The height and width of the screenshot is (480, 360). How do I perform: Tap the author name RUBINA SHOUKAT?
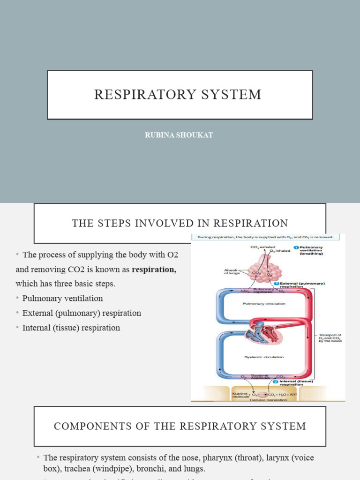[x=180, y=135]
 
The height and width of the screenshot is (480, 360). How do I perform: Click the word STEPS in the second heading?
[x=114, y=223]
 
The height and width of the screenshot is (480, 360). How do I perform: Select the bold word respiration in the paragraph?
[x=154, y=270]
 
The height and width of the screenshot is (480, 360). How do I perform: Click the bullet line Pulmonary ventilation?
[x=62, y=299]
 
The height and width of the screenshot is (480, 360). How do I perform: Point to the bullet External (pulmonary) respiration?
[x=82, y=313]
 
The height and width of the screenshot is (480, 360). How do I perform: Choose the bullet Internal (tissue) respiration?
[x=71, y=328]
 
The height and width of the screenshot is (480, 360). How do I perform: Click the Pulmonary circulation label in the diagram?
[x=263, y=304]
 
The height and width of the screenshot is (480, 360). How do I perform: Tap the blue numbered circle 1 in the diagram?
[x=296, y=247]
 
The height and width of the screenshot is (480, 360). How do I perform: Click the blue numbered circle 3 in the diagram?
[x=276, y=382]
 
